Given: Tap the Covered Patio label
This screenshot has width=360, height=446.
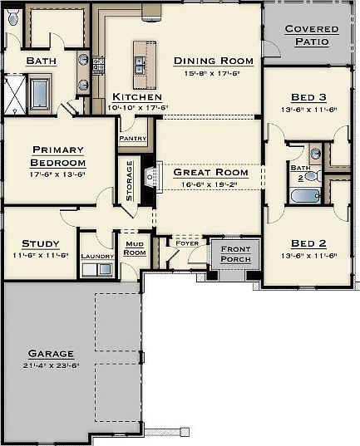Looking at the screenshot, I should coord(312,34).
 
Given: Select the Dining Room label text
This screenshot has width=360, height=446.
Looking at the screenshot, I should coord(213,61).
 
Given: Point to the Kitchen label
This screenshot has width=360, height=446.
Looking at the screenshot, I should coord(136,97).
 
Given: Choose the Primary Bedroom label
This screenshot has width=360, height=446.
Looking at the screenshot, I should coord(58,156).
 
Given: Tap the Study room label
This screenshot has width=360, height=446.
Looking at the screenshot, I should coord(40,244).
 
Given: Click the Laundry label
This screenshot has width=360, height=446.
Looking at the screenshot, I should coord(96,257).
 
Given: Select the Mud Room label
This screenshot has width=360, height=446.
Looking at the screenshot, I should coord(134,248).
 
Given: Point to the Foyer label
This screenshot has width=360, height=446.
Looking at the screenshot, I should coord(185,243).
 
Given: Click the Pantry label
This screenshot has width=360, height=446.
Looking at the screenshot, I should coord(133,139).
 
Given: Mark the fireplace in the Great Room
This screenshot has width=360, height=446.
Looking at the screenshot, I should coord(149,177).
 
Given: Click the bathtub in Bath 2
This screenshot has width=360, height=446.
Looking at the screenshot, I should coord(305,196).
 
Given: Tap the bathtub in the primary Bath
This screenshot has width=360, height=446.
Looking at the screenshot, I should coord(41,93).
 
